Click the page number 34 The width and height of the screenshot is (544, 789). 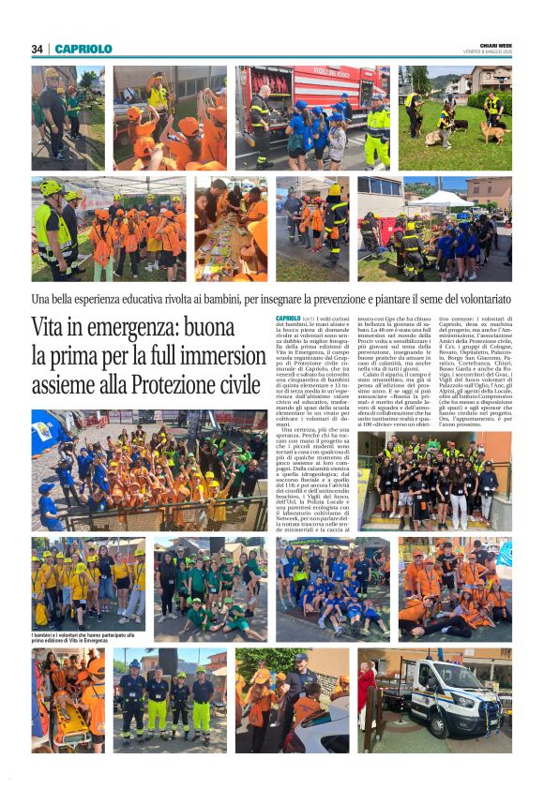tap(37, 49)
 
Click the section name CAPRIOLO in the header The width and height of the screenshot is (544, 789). tap(83, 49)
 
